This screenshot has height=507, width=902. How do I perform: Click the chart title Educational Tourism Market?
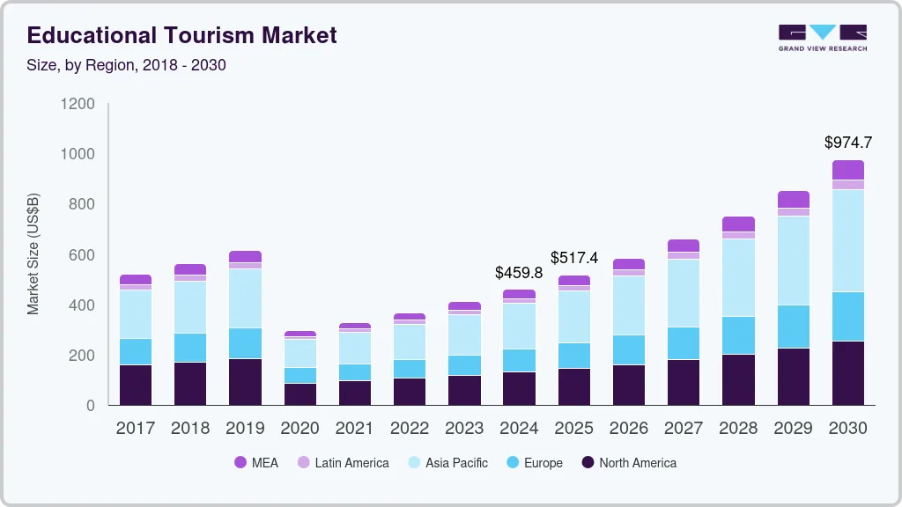coord(181,35)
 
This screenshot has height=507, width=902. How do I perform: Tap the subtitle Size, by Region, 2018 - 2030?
coord(127,65)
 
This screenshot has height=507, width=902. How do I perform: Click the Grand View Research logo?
coord(822,38)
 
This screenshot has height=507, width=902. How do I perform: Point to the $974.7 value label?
coord(848,143)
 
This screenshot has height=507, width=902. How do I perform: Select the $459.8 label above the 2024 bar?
coord(519,273)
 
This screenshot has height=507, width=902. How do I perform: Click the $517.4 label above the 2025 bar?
coord(574,258)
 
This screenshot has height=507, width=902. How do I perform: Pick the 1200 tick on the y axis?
coord(78,104)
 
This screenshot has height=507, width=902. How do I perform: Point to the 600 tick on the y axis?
coord(82,255)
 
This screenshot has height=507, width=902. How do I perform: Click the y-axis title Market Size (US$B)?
coord(33,253)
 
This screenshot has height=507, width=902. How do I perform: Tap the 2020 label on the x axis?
coord(299,429)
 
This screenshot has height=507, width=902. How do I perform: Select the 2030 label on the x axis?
coord(848,429)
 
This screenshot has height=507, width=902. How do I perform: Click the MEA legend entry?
coord(256,463)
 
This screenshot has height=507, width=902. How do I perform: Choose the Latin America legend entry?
coord(343,463)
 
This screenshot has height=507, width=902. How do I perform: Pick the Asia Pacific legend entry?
coord(447,463)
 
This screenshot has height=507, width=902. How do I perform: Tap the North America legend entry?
coord(628,463)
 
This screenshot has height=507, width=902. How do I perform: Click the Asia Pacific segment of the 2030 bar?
coord(848,240)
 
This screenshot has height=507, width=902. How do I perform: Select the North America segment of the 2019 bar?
coord(245,381)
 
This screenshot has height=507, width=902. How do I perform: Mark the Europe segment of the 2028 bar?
coord(738,335)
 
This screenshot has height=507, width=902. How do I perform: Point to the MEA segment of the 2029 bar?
coord(793,199)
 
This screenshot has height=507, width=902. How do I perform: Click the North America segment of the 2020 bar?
coord(299,393)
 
